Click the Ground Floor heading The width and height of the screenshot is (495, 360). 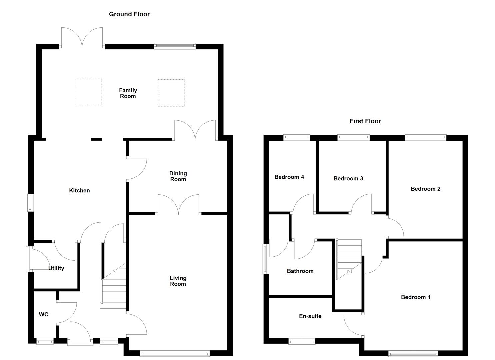click(129, 14)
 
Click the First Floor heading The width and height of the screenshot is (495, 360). click(365, 121)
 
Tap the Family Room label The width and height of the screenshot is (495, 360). click(128, 93)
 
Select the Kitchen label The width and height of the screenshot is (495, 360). click(79, 190)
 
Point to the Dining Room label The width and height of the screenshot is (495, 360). click(178, 176)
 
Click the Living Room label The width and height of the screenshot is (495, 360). click(178, 281)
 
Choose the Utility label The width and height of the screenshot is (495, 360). click(56, 268)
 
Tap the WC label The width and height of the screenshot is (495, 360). click(44, 314)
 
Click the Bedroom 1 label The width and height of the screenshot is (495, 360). click(416, 297)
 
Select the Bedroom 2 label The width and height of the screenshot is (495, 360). click(425, 189)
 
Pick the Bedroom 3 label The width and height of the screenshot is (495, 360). click(348, 178)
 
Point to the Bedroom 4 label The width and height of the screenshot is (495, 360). click(289, 177)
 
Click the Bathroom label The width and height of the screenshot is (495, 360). click(300, 271)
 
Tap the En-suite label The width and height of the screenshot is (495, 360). click(310, 316)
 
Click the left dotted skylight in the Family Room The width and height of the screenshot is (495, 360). click(88, 91)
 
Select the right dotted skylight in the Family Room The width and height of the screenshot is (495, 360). click(171, 93)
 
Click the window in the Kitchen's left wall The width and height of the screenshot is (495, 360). click(30, 202)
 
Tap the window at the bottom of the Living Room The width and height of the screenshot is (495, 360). click(175, 353)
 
